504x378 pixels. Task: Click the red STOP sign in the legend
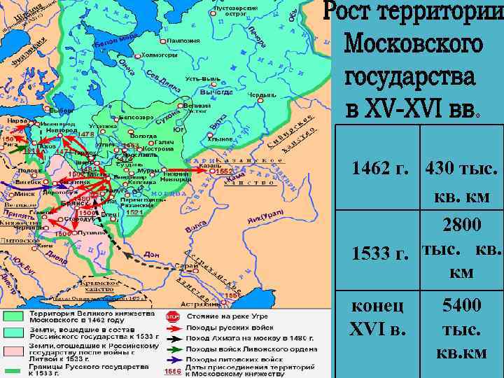[173, 316]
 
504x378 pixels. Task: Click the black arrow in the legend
[173, 337]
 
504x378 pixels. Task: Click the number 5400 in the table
[461, 305]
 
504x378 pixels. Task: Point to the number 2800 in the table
[461, 225]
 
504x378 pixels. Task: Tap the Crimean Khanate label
[99, 287]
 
